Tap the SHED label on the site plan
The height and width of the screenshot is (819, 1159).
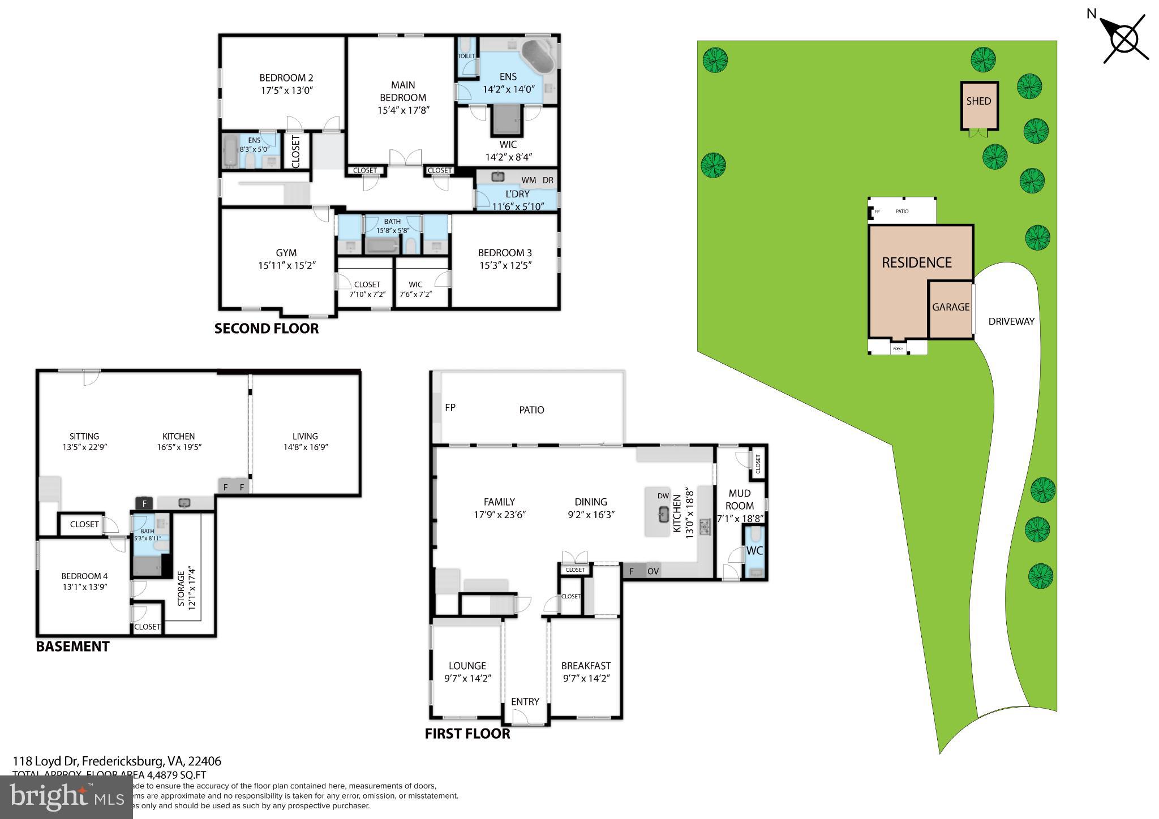point(978,101)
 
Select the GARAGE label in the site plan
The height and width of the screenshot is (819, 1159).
point(951,307)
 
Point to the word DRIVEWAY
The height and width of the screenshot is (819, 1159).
point(1011,321)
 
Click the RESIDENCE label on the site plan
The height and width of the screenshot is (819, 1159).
point(917,262)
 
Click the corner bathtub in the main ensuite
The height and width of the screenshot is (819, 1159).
point(537,57)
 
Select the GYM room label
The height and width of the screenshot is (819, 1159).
point(286,253)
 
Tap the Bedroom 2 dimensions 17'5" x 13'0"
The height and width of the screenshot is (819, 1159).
point(286,90)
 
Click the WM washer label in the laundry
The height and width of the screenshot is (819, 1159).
point(529,180)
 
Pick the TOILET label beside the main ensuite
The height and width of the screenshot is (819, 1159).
point(466,57)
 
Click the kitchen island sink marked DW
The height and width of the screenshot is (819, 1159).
point(663,514)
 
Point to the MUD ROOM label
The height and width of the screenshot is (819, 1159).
point(740,499)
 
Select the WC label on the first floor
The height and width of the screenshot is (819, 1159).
point(754,550)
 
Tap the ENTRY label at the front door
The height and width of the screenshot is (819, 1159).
point(525,701)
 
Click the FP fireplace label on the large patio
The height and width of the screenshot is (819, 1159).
point(450,407)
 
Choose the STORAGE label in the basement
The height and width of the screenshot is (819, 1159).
point(181,588)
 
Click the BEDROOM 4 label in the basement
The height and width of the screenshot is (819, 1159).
point(84,576)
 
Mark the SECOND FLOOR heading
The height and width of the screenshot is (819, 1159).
point(267,329)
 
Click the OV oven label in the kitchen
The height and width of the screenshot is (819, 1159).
point(653,571)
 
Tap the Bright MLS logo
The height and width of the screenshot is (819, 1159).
point(66,798)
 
